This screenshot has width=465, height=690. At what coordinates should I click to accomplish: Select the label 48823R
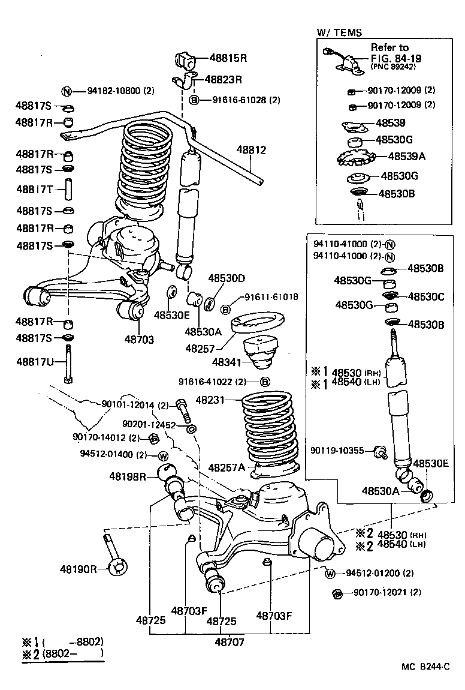click(223, 79)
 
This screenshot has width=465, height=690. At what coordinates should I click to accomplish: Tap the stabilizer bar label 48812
click(250, 150)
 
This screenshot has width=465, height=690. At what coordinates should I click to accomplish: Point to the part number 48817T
click(35, 190)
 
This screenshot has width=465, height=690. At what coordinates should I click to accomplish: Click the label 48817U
click(35, 361)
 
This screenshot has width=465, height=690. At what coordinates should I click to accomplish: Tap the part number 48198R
click(128, 476)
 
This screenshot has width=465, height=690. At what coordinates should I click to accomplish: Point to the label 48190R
click(78, 568)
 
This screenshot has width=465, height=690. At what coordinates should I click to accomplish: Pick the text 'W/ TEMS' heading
click(339, 32)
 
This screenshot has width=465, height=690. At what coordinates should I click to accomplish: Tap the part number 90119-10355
click(337, 450)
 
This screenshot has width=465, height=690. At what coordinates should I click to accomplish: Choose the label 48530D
click(227, 278)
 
